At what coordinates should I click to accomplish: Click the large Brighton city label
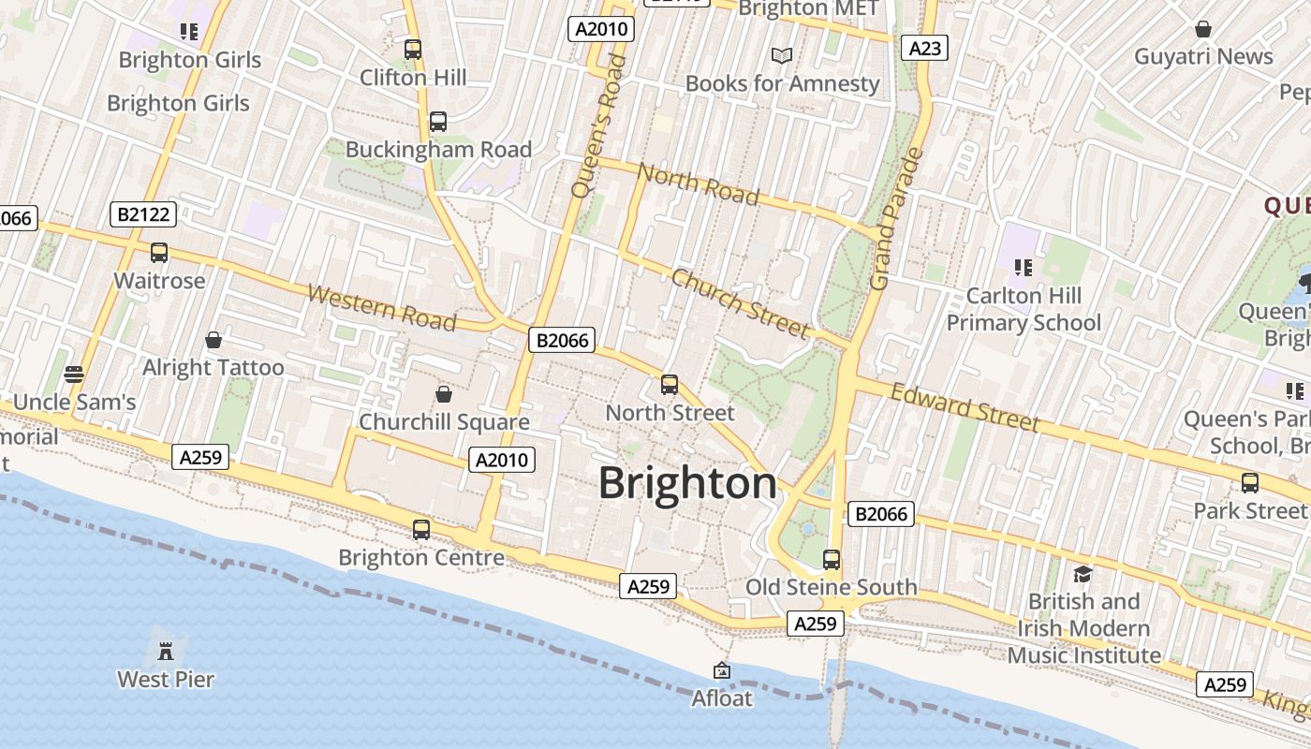point(687,483)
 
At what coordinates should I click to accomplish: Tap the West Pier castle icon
point(166,651)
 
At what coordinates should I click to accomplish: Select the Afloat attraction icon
point(722,670)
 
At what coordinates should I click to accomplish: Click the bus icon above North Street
point(670,384)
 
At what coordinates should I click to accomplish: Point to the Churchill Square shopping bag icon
point(444,394)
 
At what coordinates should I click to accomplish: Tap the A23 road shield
point(924,48)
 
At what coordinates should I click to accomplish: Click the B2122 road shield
point(143,214)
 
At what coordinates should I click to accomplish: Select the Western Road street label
point(381,308)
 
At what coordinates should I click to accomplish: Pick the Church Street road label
point(740,302)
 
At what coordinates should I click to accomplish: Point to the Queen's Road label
point(597,125)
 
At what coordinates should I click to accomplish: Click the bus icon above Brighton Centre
point(421,529)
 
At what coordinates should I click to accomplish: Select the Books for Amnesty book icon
point(782,56)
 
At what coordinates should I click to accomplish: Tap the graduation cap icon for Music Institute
point(1083,574)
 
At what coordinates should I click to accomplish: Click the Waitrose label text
point(159,280)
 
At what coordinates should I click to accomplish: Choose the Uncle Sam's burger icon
point(74,374)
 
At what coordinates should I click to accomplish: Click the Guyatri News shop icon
point(1203,29)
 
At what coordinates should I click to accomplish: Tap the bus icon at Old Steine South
point(832,560)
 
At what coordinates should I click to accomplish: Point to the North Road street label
point(698,183)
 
